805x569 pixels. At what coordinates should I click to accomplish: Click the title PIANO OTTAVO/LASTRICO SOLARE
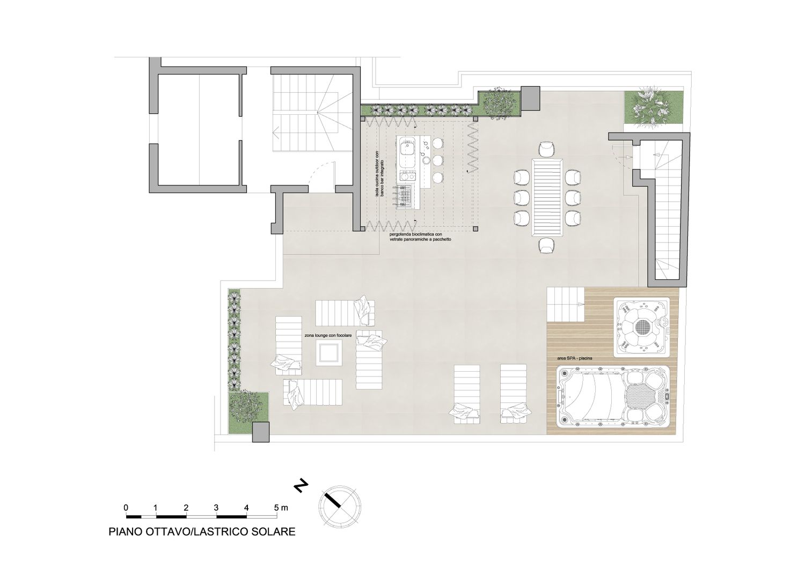(202, 531)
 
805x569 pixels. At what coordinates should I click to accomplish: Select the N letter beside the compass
(301, 485)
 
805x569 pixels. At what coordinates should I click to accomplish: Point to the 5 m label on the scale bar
(281, 507)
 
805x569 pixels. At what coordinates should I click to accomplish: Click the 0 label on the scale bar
(126, 507)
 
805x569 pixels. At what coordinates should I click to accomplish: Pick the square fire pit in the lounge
(329, 353)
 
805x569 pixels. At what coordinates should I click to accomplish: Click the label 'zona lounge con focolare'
(328, 335)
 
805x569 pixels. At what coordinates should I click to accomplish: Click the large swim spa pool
(613, 397)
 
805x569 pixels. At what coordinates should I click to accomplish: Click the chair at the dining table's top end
(547, 149)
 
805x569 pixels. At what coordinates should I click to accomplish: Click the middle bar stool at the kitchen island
(437, 160)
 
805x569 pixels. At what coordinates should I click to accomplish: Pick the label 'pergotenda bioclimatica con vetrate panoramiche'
(420, 237)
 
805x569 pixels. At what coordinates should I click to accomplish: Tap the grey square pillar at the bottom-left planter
(261, 432)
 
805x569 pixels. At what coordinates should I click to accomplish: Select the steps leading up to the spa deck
(566, 305)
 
